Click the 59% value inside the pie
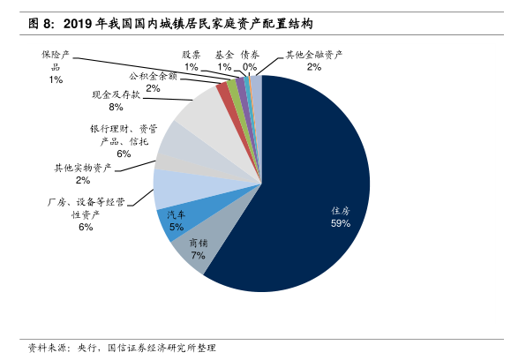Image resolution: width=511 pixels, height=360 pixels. [x=341, y=223]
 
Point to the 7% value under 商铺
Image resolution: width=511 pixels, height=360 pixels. [x=198, y=255]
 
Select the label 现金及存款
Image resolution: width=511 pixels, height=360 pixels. [x=116, y=94]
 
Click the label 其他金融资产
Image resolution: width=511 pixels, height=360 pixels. [x=314, y=55]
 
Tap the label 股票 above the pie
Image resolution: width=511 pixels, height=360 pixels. [x=192, y=55]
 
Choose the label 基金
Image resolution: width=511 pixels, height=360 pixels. [x=224, y=55]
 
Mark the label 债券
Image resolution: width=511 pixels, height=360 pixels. [x=250, y=55]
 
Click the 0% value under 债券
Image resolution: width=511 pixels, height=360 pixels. [x=250, y=67]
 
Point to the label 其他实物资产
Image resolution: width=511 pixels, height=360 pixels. [x=83, y=169]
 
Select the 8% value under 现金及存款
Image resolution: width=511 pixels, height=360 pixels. [x=116, y=107]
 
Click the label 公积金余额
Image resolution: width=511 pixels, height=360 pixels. [x=153, y=76]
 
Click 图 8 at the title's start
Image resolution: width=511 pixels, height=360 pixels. [x=40, y=24]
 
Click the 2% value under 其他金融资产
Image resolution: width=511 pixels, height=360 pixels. [x=314, y=67]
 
